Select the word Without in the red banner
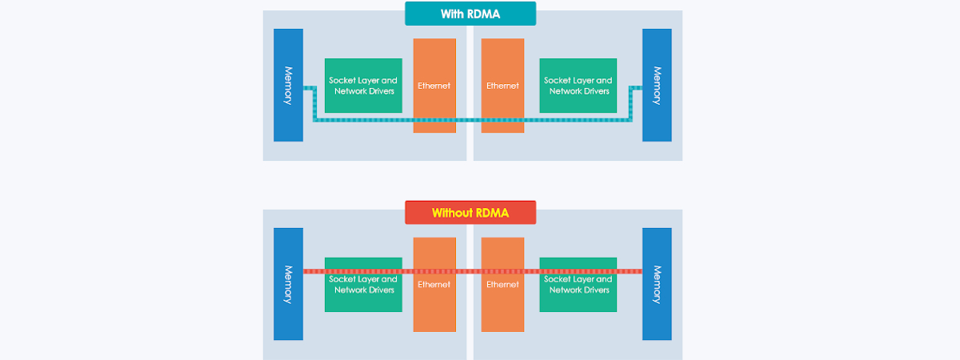coord(453,213)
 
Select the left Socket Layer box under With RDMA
coord(363,85)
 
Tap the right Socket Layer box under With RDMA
coord(578,85)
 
